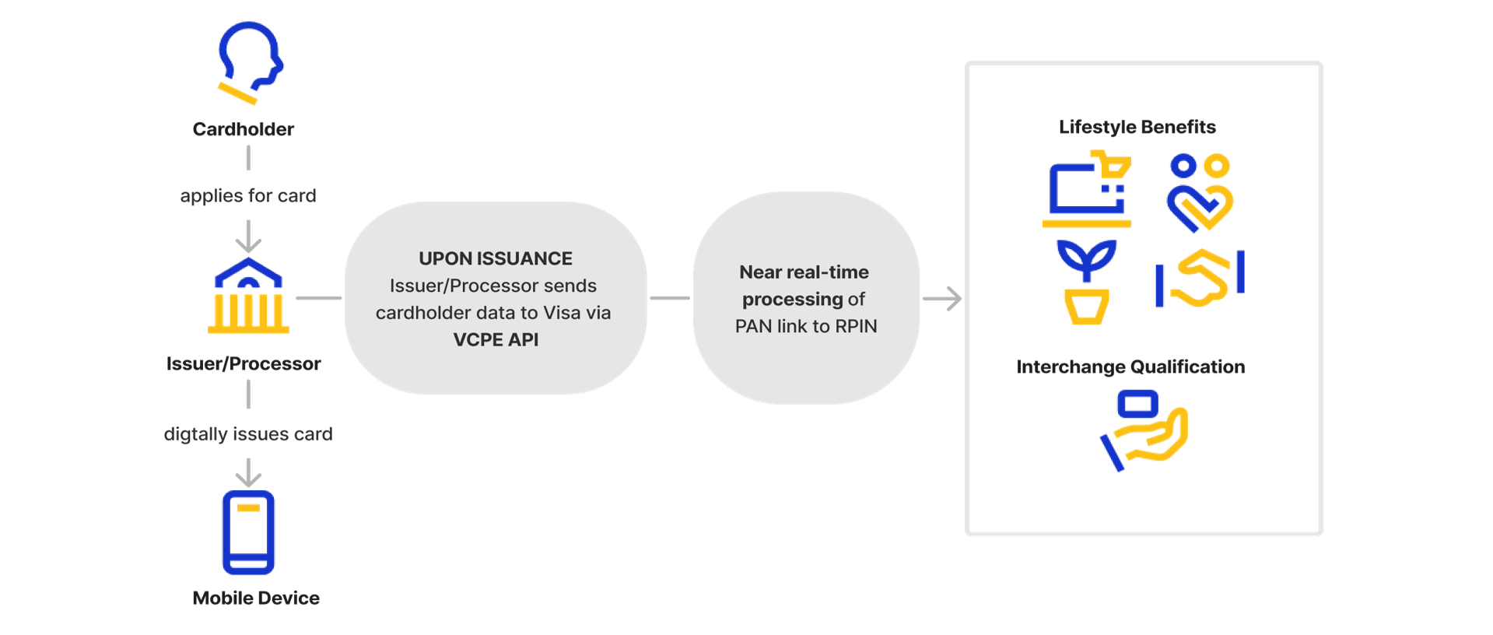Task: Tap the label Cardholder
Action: [244, 130]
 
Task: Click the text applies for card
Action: [247, 196]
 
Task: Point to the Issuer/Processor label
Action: [244, 364]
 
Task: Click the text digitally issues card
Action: [247, 434]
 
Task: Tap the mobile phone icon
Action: [248, 532]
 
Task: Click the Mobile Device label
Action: [256, 598]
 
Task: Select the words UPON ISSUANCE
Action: [495, 258]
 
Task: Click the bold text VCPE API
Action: [496, 340]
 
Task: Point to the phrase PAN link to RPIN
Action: [806, 326]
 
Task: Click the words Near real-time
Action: [804, 272]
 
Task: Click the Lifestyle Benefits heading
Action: [1137, 128]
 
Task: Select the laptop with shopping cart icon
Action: [1086, 191]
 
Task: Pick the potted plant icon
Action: [1086, 282]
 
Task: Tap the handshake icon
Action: [1200, 279]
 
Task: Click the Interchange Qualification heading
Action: [1130, 367]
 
